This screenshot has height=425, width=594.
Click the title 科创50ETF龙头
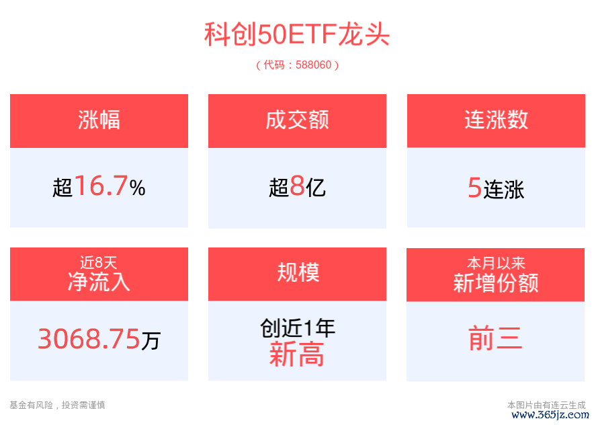point(297,34)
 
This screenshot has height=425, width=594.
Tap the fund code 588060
point(313,65)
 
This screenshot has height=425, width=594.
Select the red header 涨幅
point(99,120)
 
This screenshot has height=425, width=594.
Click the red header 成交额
point(298,120)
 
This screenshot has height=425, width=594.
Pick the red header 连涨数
point(496,120)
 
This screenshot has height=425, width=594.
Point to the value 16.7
point(101,186)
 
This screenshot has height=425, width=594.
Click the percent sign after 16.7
point(137,188)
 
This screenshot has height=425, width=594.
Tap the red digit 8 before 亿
point(298,186)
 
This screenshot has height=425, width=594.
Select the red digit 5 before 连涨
point(474,188)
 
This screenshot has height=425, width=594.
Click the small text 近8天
point(99,262)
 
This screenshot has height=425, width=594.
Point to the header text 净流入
point(99,282)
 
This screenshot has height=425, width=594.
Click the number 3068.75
point(89,338)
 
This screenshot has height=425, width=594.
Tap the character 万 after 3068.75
point(151,340)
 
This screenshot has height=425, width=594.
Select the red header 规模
point(298,272)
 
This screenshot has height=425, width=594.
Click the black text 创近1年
point(298,328)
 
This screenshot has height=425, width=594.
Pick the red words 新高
point(296,354)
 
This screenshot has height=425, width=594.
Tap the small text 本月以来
point(496,263)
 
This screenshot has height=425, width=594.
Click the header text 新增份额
point(496,283)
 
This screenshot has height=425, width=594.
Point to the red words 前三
point(495,338)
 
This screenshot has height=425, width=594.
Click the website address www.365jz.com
point(550,415)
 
